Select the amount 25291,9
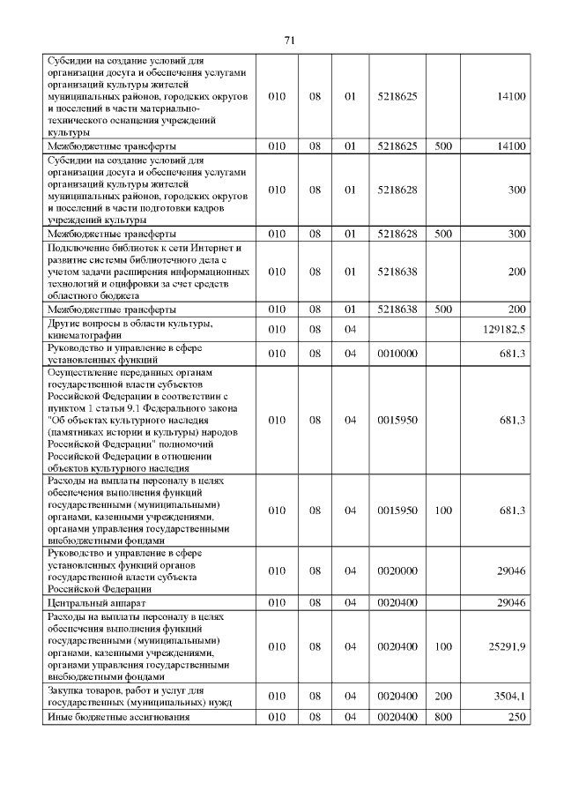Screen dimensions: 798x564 coord(507,646)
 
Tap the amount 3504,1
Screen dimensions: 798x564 coord(509,696)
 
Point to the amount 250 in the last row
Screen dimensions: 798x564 coord(516,717)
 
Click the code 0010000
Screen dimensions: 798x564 coord(397,354)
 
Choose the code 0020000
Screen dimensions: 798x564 coord(397,571)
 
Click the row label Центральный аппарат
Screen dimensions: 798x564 coord(88,602)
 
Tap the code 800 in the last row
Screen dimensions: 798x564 coord(442,717)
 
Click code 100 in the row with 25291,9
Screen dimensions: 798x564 coord(442,646)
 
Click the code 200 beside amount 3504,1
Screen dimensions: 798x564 coord(442,696)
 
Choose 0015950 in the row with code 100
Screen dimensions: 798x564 coord(397,511)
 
